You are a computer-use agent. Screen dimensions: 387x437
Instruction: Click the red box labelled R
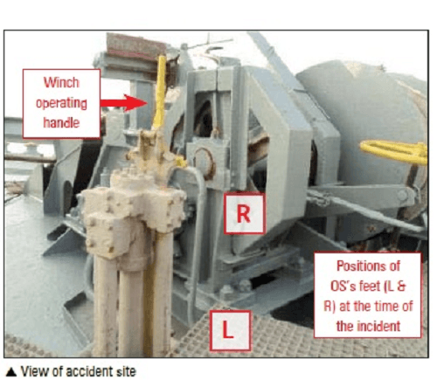(x=245, y=215)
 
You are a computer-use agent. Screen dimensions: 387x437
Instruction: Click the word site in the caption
(x=126, y=372)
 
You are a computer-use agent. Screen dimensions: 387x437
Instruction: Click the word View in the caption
(x=31, y=372)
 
